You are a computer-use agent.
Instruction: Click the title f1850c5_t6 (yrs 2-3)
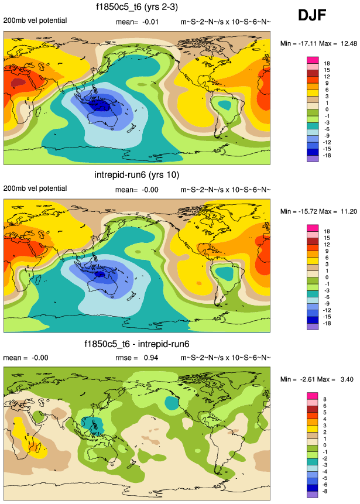click(x=137, y=8)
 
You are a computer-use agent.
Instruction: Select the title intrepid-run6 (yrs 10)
click(x=137, y=175)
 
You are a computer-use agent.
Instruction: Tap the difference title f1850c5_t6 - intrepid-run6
click(x=137, y=344)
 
